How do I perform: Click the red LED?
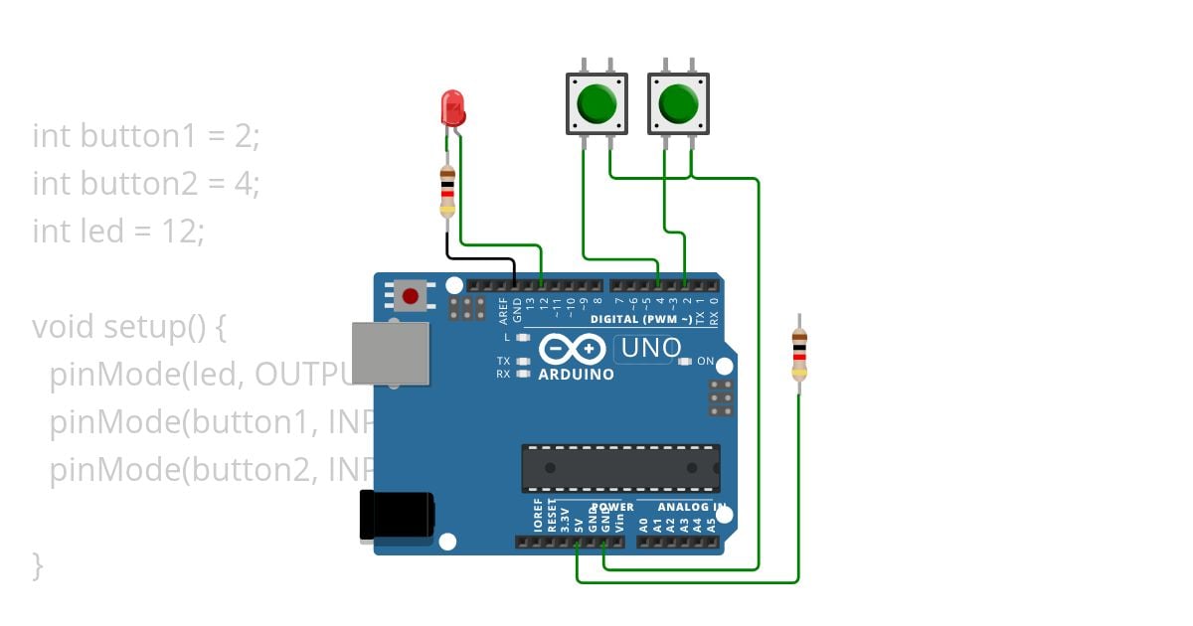pyautogui.click(x=451, y=106)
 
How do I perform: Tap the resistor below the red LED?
pyautogui.click(x=447, y=192)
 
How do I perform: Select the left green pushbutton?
pyautogui.click(x=596, y=102)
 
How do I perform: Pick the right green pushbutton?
pyautogui.click(x=678, y=102)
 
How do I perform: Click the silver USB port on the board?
pyautogui.click(x=391, y=353)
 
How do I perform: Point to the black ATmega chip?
pyautogui.click(x=620, y=468)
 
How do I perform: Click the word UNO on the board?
pyautogui.click(x=651, y=349)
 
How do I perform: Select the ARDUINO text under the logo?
pyautogui.click(x=576, y=376)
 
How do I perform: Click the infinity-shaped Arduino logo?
pyautogui.click(x=573, y=349)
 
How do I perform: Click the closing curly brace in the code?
pyautogui.click(x=38, y=565)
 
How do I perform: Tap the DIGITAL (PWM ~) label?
pyautogui.click(x=641, y=319)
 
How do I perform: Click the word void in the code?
pyautogui.click(x=63, y=327)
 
